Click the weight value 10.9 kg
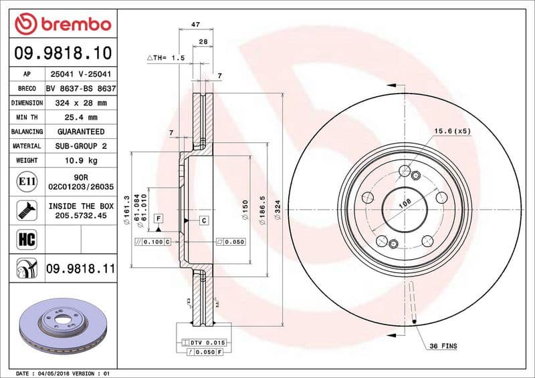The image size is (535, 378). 81,161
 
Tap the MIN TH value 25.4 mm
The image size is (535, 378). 81,118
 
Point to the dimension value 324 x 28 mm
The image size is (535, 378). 81,103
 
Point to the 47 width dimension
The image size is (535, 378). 196,25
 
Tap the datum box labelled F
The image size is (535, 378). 158,218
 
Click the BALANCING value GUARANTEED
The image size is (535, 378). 81,132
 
